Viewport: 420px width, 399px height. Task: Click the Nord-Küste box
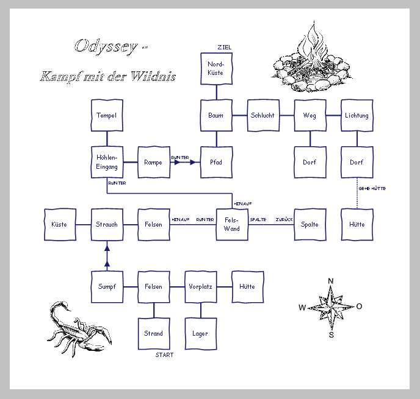coord(216,68)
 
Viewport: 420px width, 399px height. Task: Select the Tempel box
coord(107,115)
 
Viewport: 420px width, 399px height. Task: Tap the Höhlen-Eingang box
coord(107,162)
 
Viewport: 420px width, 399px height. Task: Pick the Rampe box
coord(153,162)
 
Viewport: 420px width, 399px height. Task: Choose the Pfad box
coord(216,162)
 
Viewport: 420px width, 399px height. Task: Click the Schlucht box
coord(262,115)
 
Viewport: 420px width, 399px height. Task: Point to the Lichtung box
coord(357,115)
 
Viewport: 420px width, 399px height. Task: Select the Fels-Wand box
coord(232,224)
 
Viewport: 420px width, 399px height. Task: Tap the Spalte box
coord(310,224)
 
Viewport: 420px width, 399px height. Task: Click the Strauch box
coord(107,224)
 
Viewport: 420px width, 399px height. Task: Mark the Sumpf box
coord(107,286)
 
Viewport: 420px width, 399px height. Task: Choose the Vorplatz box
coord(200,286)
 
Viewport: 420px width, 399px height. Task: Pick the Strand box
coord(153,333)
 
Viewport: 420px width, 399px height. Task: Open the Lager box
coord(200,333)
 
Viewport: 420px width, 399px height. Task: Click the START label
coord(164,355)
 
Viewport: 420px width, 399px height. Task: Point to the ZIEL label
coord(224,48)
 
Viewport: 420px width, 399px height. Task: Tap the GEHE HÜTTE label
coord(372,189)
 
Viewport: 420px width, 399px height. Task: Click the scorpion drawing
coord(76,329)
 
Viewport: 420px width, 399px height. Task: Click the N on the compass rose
coord(331,281)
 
